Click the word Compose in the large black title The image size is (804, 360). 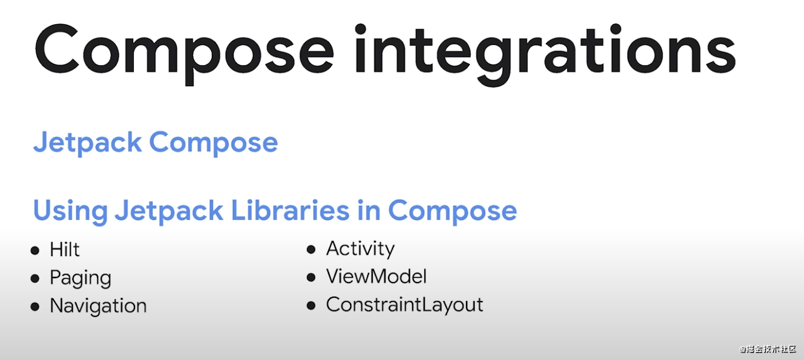[185, 53]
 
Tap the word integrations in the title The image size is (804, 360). [545, 55]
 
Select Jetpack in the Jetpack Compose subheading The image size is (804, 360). [88, 143]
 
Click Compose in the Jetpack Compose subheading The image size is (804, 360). [214, 143]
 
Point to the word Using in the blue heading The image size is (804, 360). [70, 210]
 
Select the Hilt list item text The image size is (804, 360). [65, 250]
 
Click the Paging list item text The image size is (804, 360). [81, 278]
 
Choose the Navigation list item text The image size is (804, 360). [98, 305]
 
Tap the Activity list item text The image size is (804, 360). [360, 248]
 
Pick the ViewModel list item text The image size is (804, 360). [377, 276]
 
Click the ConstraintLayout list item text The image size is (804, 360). [405, 305]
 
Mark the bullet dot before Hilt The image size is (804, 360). [35, 250]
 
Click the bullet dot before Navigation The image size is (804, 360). [35, 307]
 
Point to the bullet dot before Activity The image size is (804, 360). [311, 249]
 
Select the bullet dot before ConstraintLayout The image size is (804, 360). [311, 305]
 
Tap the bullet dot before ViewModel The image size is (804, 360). [311, 277]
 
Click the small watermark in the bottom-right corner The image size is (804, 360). [768, 349]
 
